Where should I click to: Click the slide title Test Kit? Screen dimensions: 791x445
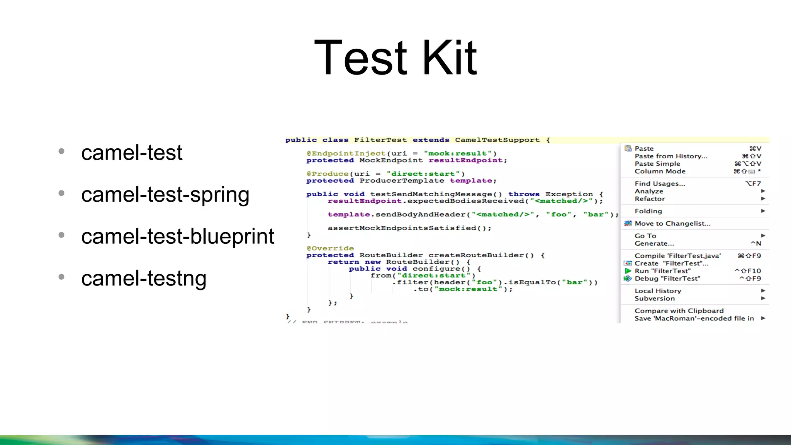click(x=395, y=58)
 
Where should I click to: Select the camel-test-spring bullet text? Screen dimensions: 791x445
click(x=165, y=194)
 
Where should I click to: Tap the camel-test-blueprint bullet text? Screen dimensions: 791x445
click(x=178, y=236)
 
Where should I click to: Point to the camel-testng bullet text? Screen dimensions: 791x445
click(x=144, y=278)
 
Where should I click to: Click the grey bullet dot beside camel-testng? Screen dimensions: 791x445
click(x=61, y=277)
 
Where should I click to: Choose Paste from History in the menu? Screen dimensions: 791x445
click(x=671, y=156)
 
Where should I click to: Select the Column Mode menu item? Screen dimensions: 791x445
click(x=660, y=171)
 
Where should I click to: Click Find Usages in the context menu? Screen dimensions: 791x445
click(x=660, y=183)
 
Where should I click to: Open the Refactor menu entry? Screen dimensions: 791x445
click(x=650, y=199)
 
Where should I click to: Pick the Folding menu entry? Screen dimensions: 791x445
click(x=648, y=211)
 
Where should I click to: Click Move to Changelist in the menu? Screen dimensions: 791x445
click(x=672, y=223)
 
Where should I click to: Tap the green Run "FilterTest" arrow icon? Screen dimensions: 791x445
click(x=628, y=271)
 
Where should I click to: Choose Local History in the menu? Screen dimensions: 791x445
click(x=658, y=291)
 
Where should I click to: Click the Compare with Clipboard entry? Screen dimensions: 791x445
click(x=679, y=311)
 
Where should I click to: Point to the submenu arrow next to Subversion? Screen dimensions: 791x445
click(x=763, y=298)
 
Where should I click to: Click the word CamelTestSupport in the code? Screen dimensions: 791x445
click(x=497, y=140)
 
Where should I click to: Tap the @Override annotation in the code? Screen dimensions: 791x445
click(x=330, y=248)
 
